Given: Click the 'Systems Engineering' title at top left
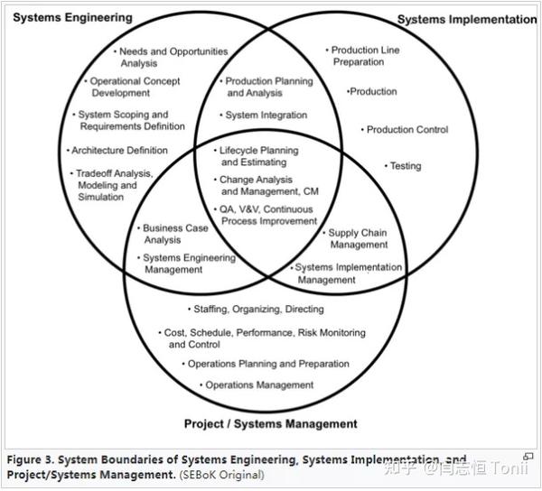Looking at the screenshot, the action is (x=72, y=18).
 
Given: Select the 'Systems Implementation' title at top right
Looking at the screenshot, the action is (x=467, y=20).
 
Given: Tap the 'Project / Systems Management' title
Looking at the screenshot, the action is (x=271, y=424).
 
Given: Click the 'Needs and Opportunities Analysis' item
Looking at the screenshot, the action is (x=171, y=58).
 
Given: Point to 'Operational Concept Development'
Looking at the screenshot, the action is (x=133, y=87).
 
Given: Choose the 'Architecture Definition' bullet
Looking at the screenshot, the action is (x=117, y=151).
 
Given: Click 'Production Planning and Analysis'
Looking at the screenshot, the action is (x=266, y=87).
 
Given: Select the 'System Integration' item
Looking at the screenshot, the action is (x=264, y=115).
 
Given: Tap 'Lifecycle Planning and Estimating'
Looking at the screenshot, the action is (x=257, y=156).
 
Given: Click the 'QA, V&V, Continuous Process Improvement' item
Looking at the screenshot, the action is (x=266, y=215).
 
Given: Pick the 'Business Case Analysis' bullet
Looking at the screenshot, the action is (x=173, y=234).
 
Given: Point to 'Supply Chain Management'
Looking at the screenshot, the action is (x=355, y=238).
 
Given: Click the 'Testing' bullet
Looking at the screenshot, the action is (x=403, y=166).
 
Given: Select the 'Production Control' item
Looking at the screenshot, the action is (x=405, y=130).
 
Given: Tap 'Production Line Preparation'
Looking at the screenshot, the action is (x=362, y=56).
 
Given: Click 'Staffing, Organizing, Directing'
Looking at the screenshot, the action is (x=257, y=309).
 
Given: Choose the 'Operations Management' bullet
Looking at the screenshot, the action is (x=257, y=385).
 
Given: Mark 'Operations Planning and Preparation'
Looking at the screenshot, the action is (x=266, y=364).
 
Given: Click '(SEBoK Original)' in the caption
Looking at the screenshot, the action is (x=222, y=475).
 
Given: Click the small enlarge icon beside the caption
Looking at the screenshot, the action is (x=528, y=457).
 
